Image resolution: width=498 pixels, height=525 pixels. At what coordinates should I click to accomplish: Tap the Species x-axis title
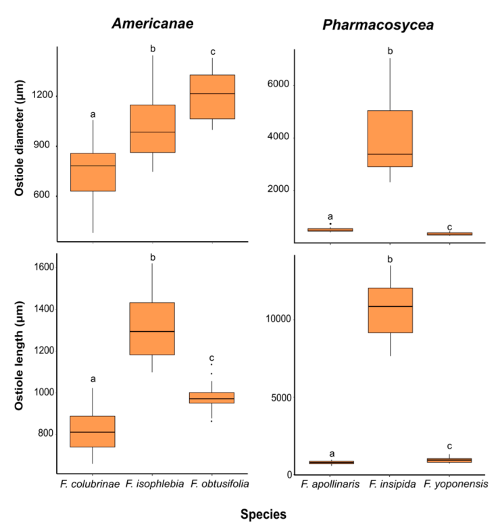point(264,514)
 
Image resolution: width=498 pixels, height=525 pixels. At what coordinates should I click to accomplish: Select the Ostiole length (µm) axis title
point(20,364)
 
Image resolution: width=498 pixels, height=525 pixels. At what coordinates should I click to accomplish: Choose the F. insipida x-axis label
point(390,484)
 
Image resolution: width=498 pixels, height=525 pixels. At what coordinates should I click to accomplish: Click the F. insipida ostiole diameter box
point(390,139)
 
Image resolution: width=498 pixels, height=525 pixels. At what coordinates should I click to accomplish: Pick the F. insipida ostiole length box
point(390,310)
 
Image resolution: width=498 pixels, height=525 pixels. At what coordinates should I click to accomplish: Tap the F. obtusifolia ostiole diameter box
point(212,97)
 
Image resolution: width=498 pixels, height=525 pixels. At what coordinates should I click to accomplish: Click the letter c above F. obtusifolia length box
point(211,358)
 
